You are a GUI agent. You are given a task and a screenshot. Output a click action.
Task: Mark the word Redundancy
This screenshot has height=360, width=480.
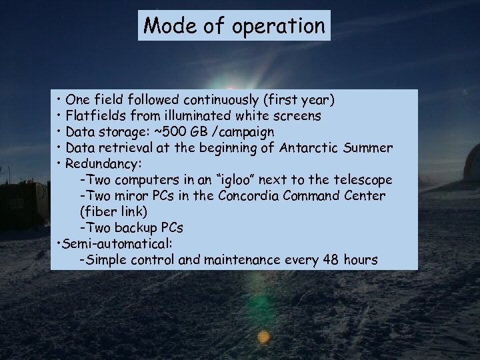103,164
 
